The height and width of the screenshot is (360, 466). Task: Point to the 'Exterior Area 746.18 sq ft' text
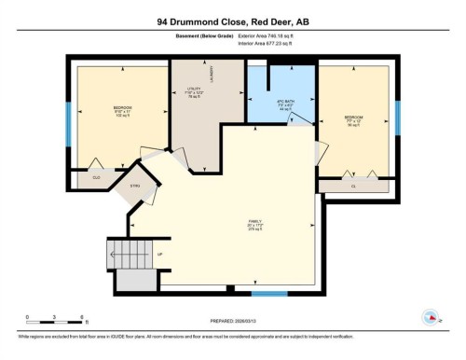pos(271,35)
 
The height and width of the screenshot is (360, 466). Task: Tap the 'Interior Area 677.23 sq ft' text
pos(271,43)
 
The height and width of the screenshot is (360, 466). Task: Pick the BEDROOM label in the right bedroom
pos(352,118)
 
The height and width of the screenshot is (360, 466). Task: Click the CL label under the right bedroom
pos(353,186)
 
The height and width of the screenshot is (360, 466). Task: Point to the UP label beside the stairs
pos(160,254)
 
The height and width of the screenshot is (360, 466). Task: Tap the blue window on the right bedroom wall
pos(397,117)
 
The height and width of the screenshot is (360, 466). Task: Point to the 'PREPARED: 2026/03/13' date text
pos(234,322)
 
